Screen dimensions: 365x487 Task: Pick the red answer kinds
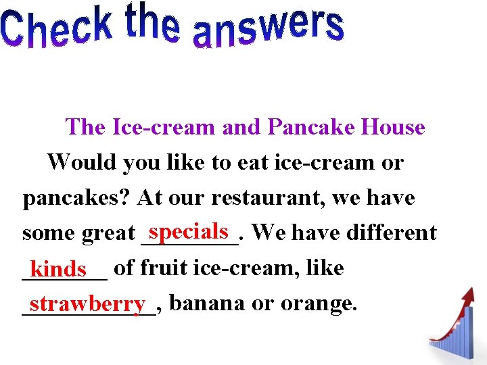click(60, 270)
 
